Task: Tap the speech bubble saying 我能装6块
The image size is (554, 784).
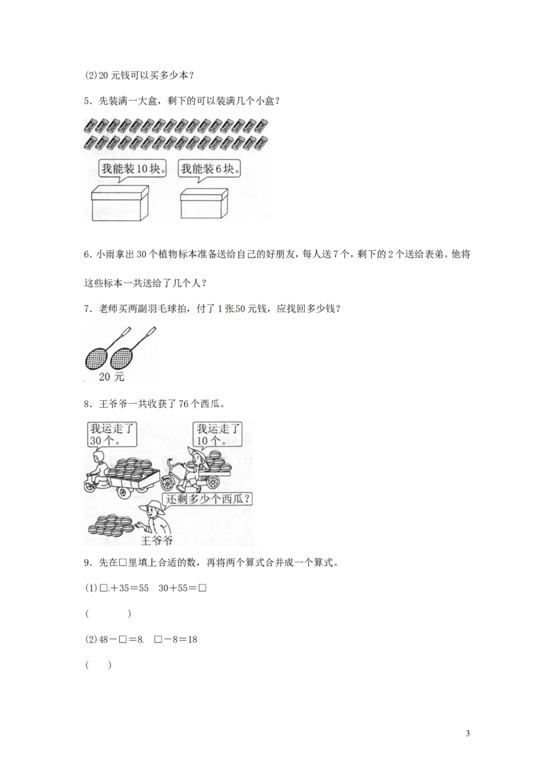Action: tap(210, 168)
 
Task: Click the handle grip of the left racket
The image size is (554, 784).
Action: tap(126, 331)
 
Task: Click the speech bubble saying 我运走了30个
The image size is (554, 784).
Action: tap(111, 434)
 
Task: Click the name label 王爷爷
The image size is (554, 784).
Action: tap(157, 540)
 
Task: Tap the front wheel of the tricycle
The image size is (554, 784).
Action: tap(171, 481)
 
